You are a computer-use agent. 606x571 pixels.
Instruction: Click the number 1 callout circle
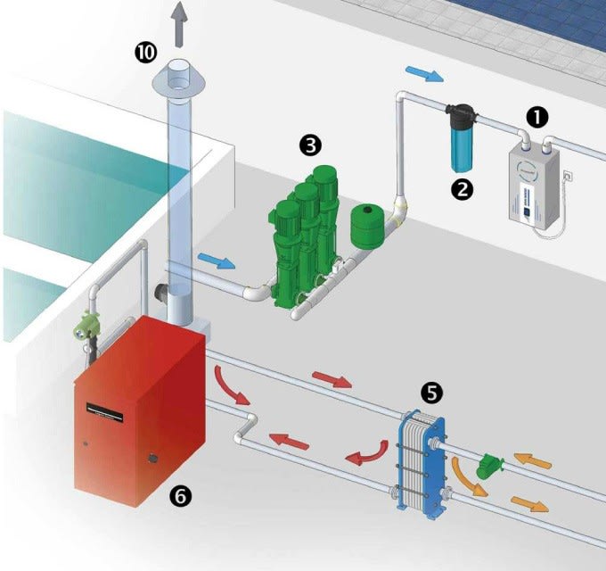pyautogui.click(x=536, y=115)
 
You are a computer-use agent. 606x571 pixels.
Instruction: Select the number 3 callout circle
pyautogui.click(x=310, y=144)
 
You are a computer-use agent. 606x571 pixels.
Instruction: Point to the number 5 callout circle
pyautogui.click(x=431, y=391)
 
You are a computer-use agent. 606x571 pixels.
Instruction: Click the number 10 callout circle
pyautogui.click(x=144, y=52)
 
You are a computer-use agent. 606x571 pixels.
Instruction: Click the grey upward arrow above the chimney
pyautogui.click(x=182, y=24)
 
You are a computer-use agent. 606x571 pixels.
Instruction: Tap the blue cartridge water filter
pyautogui.click(x=461, y=143)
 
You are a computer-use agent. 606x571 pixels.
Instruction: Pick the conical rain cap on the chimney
pyautogui.click(x=182, y=80)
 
